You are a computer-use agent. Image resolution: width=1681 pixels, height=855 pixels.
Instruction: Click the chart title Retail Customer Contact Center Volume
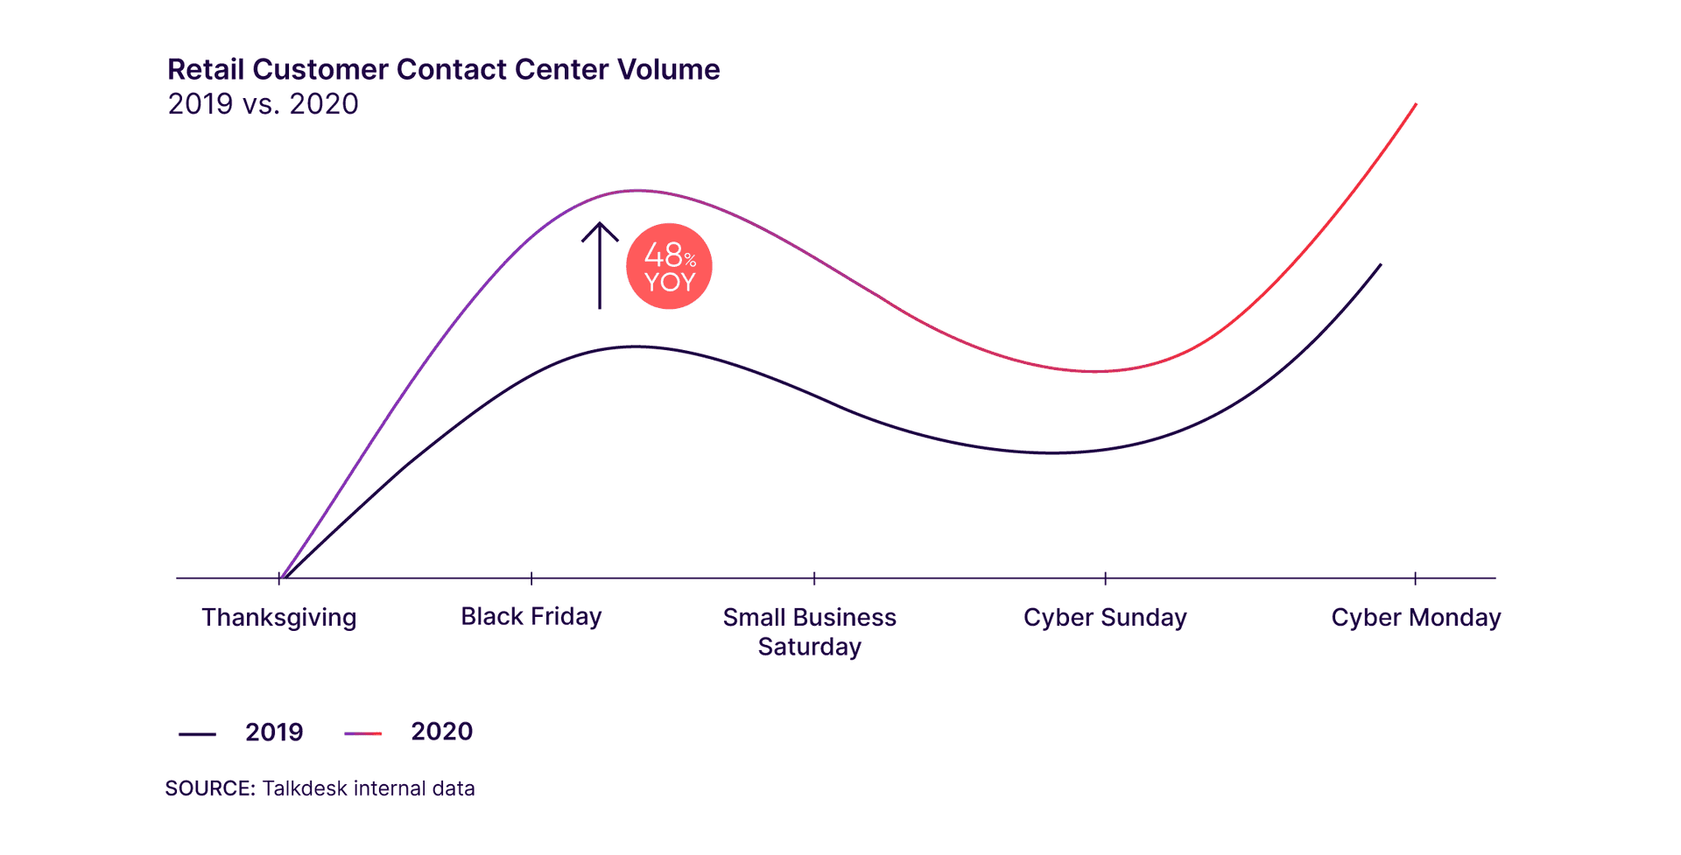tap(443, 69)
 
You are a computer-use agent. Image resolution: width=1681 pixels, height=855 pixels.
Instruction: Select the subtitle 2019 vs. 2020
tap(263, 104)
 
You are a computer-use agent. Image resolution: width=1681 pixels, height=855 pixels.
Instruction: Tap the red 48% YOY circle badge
tap(669, 266)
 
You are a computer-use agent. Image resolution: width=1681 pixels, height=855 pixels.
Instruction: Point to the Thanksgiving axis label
tap(278, 618)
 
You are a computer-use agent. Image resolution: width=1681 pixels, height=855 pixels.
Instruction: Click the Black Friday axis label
tap(531, 617)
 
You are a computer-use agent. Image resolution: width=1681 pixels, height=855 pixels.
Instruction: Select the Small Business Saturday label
tap(809, 632)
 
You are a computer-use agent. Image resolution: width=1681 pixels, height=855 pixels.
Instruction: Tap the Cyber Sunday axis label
tap(1105, 618)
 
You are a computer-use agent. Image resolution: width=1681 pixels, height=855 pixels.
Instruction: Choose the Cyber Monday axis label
tap(1416, 618)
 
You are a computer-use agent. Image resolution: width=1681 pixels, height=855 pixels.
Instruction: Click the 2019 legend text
tap(274, 732)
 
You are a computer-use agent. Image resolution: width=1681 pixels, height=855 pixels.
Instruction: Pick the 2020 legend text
tap(441, 732)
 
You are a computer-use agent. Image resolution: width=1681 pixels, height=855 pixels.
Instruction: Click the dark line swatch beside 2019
tap(197, 734)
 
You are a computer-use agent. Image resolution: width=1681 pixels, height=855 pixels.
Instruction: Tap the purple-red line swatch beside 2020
tap(362, 733)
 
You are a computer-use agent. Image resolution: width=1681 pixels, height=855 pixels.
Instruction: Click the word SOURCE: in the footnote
tap(210, 788)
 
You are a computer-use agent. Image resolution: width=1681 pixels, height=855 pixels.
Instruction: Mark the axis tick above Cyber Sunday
tap(1105, 578)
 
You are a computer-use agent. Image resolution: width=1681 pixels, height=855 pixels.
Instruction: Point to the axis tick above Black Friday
tap(531, 578)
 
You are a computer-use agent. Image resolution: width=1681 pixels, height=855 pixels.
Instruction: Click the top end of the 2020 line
tap(1415, 105)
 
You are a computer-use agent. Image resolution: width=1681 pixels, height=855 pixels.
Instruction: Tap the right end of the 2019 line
tap(1380, 265)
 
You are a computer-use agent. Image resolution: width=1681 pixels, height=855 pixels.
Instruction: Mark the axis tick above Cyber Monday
tap(1415, 578)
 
